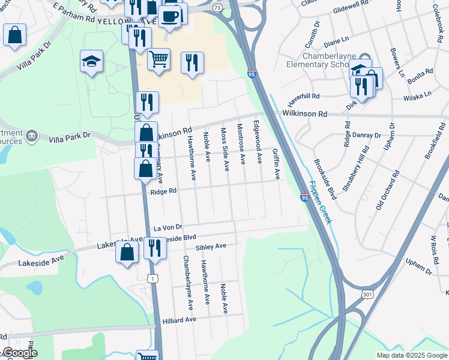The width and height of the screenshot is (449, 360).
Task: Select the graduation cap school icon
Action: click(x=92, y=61)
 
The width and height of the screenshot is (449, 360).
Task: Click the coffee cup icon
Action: click(x=170, y=16)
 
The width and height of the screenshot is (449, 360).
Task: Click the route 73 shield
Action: click(x=217, y=7)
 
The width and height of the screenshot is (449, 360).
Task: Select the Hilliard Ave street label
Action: click(x=179, y=320)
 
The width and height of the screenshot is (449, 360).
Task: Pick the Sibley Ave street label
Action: click(x=210, y=247)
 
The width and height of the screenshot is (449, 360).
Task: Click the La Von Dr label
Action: click(x=167, y=228)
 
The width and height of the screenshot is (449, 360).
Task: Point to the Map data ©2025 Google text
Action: click(x=412, y=355)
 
